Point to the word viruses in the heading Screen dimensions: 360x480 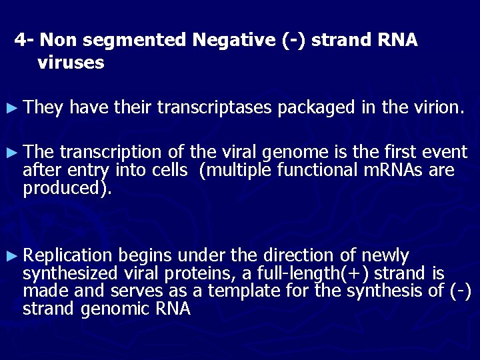(x=71, y=63)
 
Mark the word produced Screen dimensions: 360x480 (x=63, y=188)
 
